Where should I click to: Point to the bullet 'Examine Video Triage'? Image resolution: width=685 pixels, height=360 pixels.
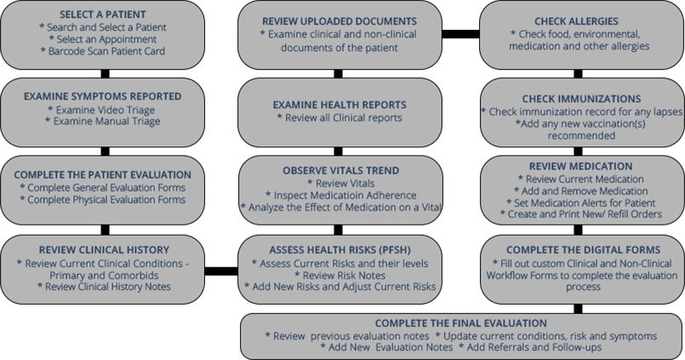tap(105, 110)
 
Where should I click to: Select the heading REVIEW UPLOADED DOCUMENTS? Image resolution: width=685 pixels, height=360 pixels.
tap(340, 20)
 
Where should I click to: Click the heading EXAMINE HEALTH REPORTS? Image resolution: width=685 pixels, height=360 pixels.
tap(340, 105)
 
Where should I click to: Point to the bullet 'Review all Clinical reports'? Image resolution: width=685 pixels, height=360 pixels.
tap(340, 118)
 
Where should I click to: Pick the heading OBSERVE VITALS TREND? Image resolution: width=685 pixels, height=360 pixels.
tap(340, 170)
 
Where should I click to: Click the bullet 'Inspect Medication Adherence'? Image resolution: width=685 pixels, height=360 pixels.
tap(340, 195)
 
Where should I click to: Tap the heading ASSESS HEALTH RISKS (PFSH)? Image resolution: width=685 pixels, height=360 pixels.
tap(340, 249)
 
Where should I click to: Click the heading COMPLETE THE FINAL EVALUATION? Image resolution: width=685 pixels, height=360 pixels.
tap(460, 323)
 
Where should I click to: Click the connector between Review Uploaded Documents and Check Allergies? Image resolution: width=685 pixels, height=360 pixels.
tap(461, 35)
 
